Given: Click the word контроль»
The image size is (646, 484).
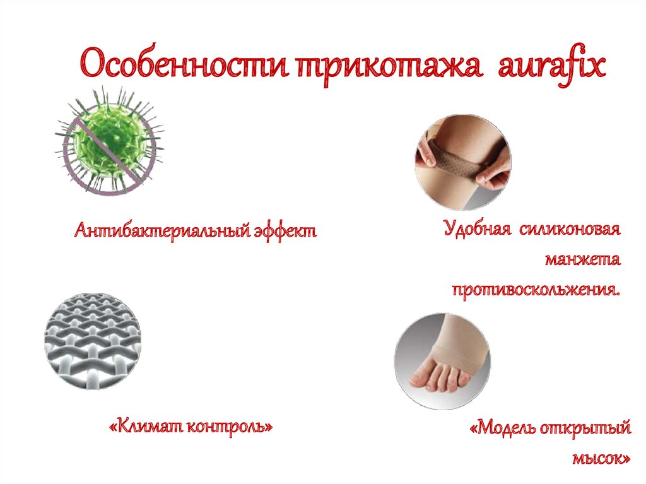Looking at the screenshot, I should tap(232, 427).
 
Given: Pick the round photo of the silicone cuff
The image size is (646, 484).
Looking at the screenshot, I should tap(463, 162).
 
